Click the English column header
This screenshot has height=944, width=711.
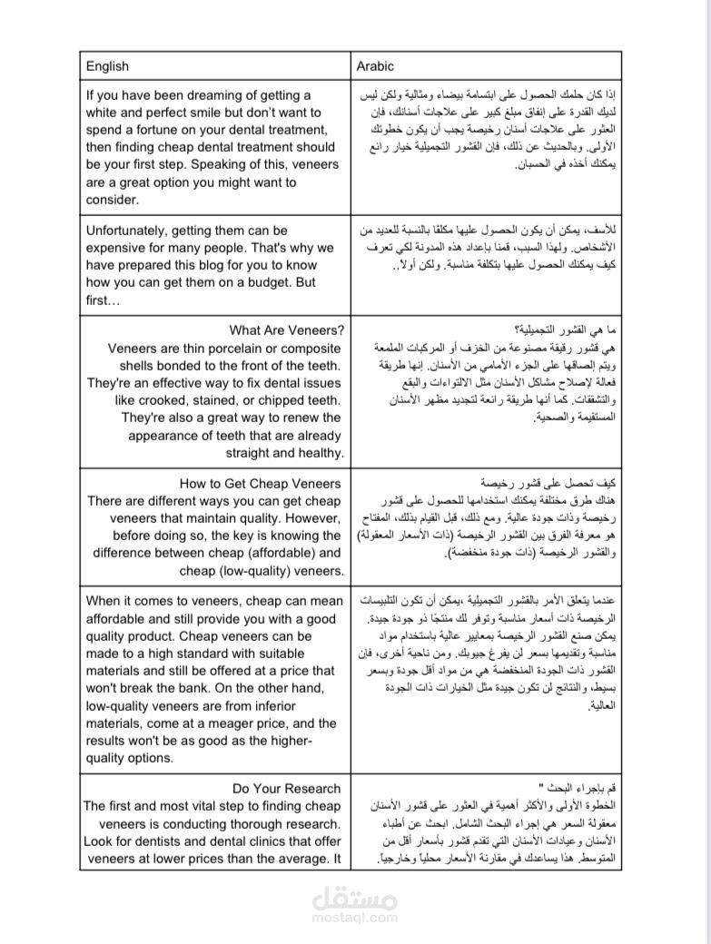(x=107, y=66)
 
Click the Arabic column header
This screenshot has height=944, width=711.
(x=375, y=66)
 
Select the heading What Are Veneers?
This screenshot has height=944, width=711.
(x=286, y=330)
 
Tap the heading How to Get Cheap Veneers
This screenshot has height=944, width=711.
(x=261, y=484)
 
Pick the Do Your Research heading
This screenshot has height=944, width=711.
(x=286, y=789)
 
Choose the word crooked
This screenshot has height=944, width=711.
(x=143, y=399)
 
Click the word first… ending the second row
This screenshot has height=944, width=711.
(x=103, y=300)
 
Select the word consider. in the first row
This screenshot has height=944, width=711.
(x=113, y=200)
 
